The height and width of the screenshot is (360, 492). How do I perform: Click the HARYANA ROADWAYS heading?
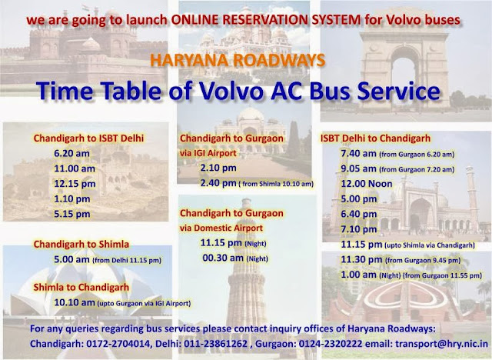coord(245,58)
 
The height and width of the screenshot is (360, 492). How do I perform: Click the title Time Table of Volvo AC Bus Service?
coord(245,92)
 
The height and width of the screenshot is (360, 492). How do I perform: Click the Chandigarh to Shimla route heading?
coord(81,244)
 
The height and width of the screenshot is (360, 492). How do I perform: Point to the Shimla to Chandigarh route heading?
coord(81,287)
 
